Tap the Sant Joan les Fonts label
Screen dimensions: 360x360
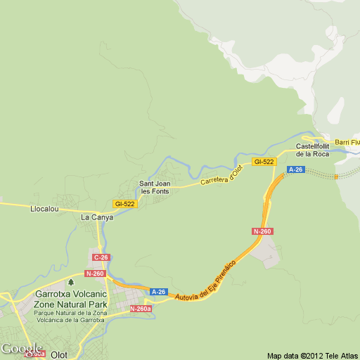155,188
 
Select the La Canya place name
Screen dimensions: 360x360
97,217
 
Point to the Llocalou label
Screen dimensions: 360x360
43,209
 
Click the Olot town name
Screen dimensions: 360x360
59,354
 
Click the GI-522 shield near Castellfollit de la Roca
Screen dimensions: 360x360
264,162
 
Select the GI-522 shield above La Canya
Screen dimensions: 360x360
125,204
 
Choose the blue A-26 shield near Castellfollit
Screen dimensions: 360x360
295,169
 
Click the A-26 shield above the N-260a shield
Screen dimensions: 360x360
159,292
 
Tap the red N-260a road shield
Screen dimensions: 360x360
141,308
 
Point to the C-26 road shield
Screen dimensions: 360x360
101,257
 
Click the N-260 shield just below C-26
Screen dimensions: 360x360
95,274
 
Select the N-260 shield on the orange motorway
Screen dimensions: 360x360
262,231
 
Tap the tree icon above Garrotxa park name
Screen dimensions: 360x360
70,282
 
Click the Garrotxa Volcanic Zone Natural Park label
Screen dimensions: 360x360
70,300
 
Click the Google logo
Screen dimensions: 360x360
21,349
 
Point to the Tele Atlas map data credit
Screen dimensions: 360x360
313,354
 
